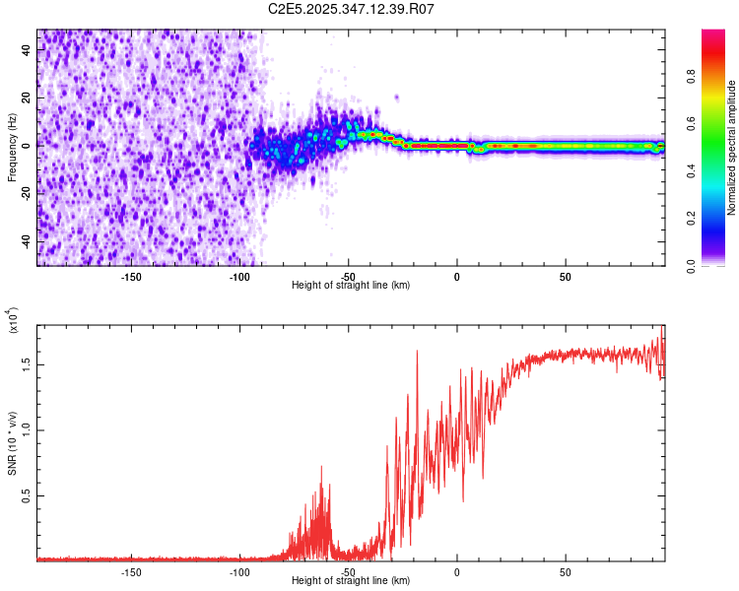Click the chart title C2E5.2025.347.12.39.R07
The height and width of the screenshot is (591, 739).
click(x=352, y=9)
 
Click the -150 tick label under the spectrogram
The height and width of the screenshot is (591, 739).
click(x=131, y=276)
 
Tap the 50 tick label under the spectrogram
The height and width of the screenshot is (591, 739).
click(x=566, y=276)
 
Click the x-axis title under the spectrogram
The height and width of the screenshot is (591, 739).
click(x=351, y=286)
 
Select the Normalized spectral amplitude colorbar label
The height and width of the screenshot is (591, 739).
click(x=732, y=148)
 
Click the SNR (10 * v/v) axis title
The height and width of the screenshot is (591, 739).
click(x=12, y=433)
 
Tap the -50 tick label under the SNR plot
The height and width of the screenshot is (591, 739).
click(x=348, y=571)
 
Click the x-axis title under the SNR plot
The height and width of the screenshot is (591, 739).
click(x=351, y=581)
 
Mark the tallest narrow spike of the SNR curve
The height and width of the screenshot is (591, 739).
click(x=417, y=353)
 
